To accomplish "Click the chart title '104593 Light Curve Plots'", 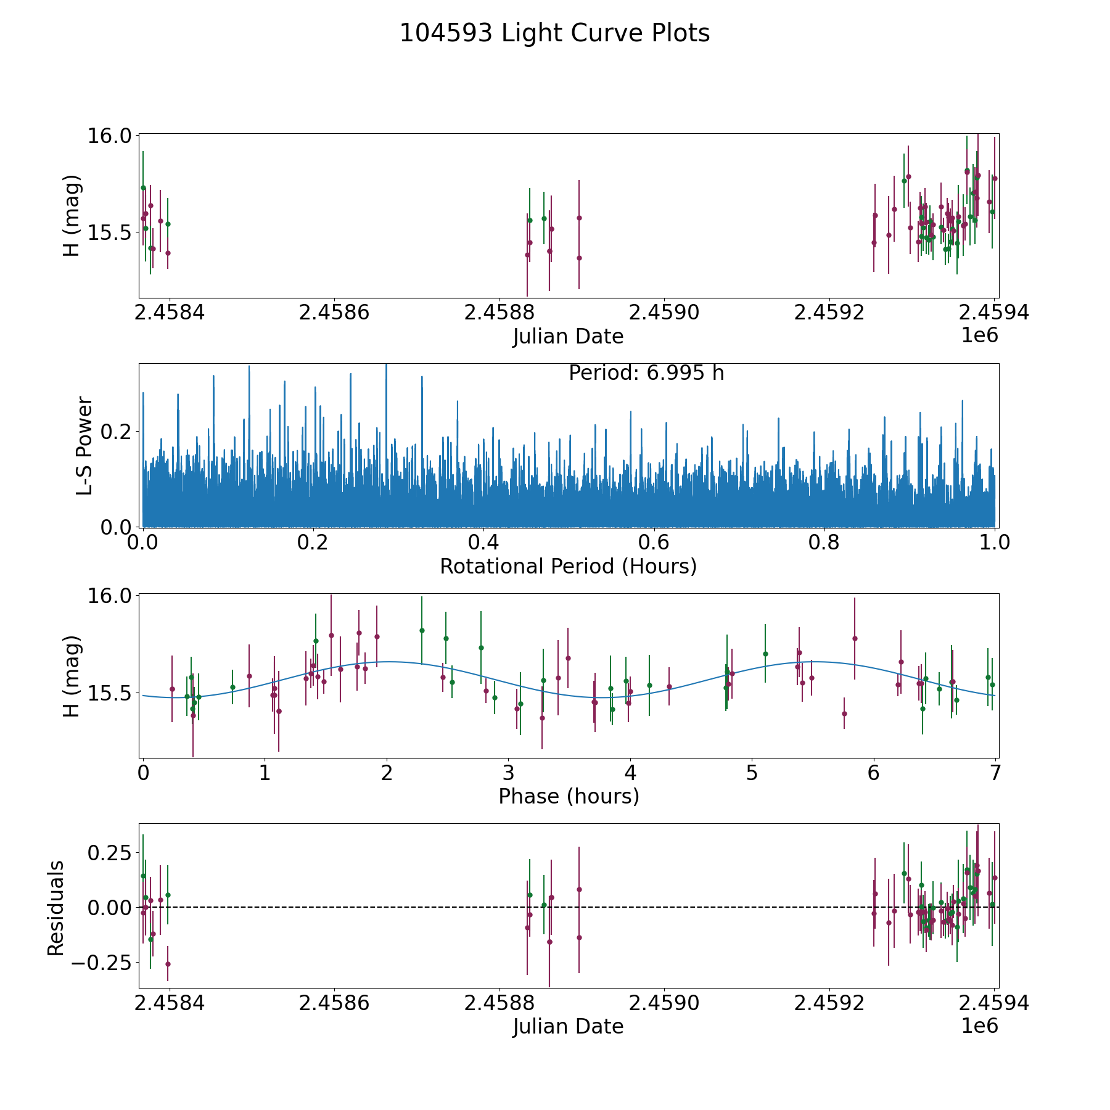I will click(x=554, y=33).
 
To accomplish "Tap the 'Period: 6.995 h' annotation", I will click(x=646, y=373).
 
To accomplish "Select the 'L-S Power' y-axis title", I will click(x=85, y=445).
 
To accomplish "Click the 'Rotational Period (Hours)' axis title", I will click(x=568, y=566).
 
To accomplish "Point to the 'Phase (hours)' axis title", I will click(x=568, y=796).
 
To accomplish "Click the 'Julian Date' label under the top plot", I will click(x=568, y=337).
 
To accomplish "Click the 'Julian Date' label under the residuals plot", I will click(x=568, y=1026).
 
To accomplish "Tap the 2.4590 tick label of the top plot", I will click(x=664, y=313).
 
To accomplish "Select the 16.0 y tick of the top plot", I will click(x=109, y=135).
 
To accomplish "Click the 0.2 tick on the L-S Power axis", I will click(x=117, y=430).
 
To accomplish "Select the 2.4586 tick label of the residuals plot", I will click(x=334, y=1003).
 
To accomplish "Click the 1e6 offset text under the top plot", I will click(x=979, y=335).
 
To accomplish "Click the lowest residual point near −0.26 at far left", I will click(x=168, y=964).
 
